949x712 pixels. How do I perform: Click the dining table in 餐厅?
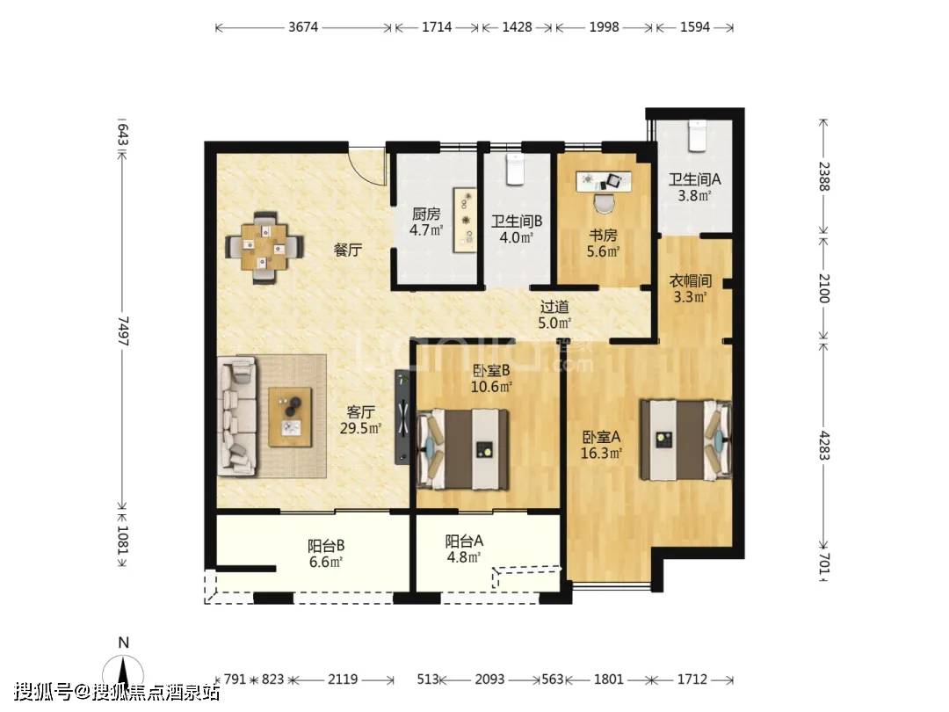pyautogui.click(x=264, y=247)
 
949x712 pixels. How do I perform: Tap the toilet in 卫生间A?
pyautogui.click(x=697, y=135)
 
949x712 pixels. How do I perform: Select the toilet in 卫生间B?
pyautogui.click(x=514, y=169)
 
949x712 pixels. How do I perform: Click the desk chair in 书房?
pyautogui.click(x=604, y=203)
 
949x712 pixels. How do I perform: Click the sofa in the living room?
pyautogui.click(x=237, y=415)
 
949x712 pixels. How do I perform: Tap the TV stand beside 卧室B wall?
pyautogui.click(x=403, y=418)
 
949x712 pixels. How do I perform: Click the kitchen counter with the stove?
pyautogui.click(x=466, y=219)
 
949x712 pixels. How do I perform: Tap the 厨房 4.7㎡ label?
pyautogui.click(x=426, y=222)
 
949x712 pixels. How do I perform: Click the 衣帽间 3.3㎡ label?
pyautogui.click(x=690, y=289)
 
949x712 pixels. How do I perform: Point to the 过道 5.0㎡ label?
pyautogui.click(x=554, y=315)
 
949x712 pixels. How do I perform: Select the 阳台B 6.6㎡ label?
pyautogui.click(x=326, y=554)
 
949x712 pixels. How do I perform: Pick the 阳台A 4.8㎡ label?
pyautogui.click(x=464, y=549)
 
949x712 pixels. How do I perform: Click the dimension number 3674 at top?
pyautogui.click(x=303, y=27)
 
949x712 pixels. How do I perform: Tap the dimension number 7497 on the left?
pyautogui.click(x=123, y=331)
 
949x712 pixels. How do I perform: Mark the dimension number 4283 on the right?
pyautogui.click(x=823, y=444)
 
